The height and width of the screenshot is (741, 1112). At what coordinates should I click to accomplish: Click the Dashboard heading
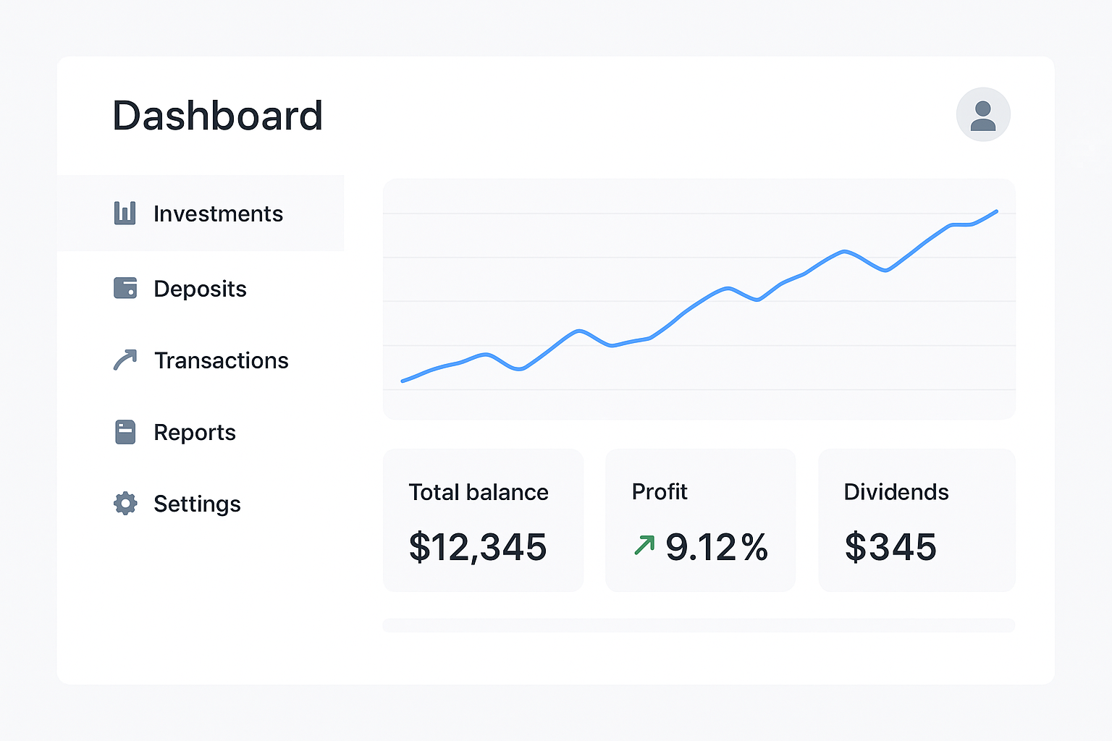217,116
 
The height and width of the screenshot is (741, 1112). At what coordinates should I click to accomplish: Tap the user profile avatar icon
983,115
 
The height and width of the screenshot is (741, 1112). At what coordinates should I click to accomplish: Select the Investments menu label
218,214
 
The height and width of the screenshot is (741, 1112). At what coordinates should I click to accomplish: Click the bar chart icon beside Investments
125,213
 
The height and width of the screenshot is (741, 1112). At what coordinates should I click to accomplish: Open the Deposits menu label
200,289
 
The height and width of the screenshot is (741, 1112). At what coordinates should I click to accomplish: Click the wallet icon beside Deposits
125,288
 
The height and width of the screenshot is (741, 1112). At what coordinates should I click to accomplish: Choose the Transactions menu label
222,360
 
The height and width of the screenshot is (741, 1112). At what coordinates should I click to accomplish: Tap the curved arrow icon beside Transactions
125,360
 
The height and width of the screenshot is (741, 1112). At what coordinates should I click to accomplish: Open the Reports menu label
195,433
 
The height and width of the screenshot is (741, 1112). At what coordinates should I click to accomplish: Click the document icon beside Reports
125,432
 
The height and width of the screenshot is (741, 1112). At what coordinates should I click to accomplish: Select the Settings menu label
197,504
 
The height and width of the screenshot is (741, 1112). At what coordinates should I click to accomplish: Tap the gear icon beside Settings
125,503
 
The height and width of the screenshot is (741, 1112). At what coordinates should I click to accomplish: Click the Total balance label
479,492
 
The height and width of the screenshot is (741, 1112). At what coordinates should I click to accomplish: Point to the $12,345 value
478,547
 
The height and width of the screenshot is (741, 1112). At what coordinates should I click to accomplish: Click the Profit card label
660,491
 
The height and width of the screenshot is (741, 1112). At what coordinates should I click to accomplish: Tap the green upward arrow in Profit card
644,545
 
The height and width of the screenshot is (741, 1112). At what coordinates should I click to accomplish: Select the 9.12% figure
717,547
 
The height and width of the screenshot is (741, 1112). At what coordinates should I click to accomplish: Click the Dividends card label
896,492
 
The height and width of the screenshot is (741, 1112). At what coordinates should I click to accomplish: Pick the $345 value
890,547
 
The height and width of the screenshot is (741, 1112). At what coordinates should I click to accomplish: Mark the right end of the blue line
997,211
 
